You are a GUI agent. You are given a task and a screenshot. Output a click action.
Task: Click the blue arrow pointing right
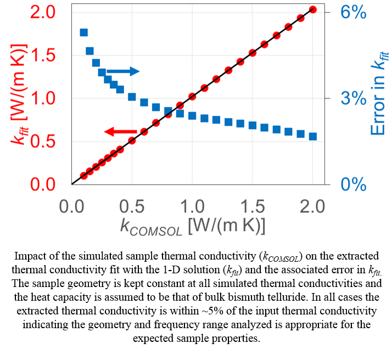point(123,71)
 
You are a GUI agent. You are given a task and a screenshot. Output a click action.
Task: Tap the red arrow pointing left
point(121,132)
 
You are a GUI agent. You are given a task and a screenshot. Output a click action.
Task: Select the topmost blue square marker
point(84,32)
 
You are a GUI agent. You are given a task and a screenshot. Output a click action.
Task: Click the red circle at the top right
point(313,9)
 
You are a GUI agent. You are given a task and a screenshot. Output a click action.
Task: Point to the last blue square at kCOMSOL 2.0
point(313,136)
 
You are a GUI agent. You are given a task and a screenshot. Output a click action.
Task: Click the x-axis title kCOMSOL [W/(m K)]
point(193,226)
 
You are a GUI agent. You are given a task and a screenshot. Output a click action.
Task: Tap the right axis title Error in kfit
point(379,93)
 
